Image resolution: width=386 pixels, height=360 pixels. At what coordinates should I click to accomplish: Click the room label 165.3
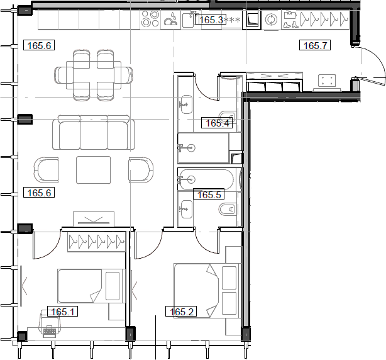[211, 20]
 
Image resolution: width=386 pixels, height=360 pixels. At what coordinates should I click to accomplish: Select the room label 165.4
[217, 123]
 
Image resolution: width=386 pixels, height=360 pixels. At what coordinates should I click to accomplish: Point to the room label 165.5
[209, 194]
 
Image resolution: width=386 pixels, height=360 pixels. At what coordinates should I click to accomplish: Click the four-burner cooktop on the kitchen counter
[151, 19]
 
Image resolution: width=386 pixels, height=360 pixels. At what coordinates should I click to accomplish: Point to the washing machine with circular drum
[272, 20]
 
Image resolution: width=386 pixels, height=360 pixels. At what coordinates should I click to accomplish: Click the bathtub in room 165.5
[207, 179]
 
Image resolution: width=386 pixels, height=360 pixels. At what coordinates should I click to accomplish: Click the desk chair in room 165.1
[49, 325]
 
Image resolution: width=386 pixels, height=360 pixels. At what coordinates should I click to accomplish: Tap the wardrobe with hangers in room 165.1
[94, 240]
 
